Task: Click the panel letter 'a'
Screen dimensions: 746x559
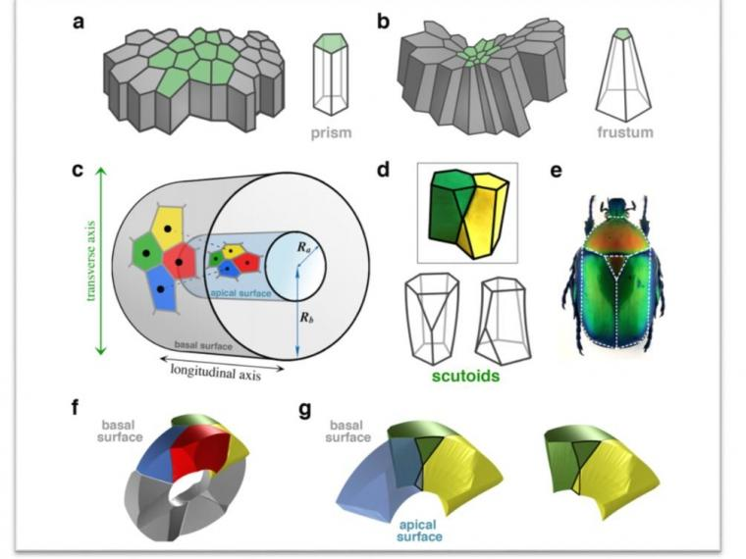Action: [x=79, y=22]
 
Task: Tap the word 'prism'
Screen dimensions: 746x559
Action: [x=331, y=132]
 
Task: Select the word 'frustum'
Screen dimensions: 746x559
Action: [x=625, y=131]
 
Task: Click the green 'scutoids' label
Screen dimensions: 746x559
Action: [x=465, y=376]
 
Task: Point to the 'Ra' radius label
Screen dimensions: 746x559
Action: [x=304, y=247]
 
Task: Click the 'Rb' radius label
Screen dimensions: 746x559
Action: [x=307, y=317]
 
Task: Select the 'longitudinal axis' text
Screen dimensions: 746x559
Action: [x=216, y=373]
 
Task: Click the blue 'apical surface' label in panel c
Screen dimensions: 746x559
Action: [x=240, y=293]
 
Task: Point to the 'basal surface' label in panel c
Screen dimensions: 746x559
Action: [x=203, y=345]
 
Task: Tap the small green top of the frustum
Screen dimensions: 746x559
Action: [x=622, y=33]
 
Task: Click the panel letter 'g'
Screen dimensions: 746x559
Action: [x=305, y=410]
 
